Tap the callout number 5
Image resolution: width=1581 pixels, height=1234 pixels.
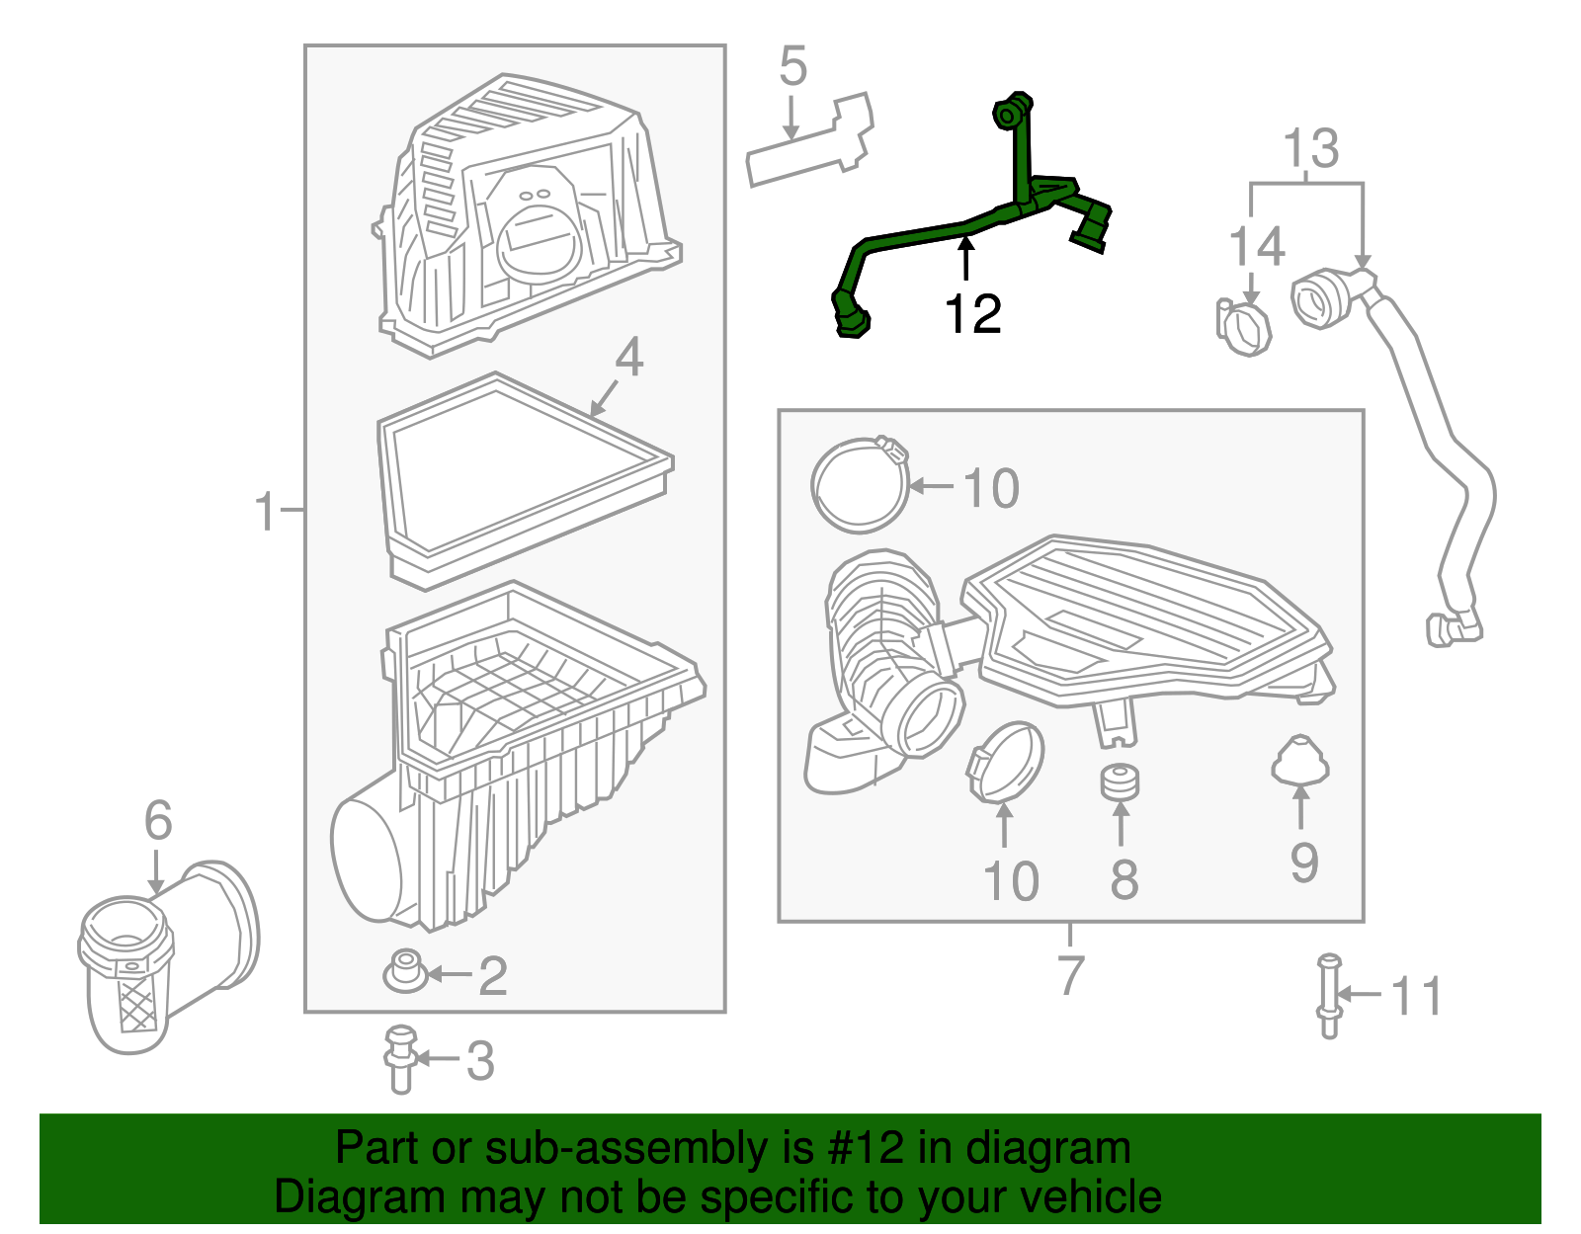tap(792, 66)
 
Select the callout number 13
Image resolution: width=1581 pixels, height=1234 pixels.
tap(1310, 149)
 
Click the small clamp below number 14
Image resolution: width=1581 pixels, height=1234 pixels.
tap(1243, 328)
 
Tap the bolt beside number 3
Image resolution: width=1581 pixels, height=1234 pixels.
tap(400, 1059)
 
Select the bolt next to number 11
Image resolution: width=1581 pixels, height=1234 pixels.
tap(1328, 995)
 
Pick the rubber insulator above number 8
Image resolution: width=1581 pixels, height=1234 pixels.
tap(1120, 782)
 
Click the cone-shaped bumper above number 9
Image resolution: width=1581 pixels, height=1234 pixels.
tap(1299, 760)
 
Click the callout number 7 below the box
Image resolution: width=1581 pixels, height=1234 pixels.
tap(1070, 975)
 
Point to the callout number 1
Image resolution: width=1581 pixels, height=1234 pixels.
tap(265, 511)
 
